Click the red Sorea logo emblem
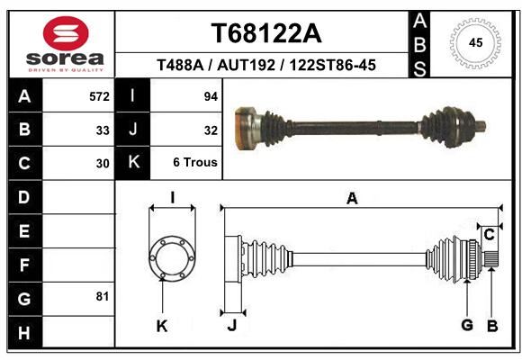click(66, 33)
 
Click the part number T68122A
click(266, 33)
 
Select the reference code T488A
click(180, 65)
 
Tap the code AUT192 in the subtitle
click(246, 65)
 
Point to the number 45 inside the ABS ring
click(475, 43)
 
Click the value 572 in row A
click(99, 96)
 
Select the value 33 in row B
click(103, 130)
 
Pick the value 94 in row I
click(211, 96)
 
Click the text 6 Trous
click(195, 163)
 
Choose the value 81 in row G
click(103, 296)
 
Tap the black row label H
click(24, 333)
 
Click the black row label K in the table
click(133, 162)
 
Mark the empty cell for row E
click(78, 230)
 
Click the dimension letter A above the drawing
click(352, 199)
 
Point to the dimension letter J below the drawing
click(232, 326)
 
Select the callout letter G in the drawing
click(467, 325)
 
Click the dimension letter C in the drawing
click(489, 235)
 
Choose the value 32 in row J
click(211, 130)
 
